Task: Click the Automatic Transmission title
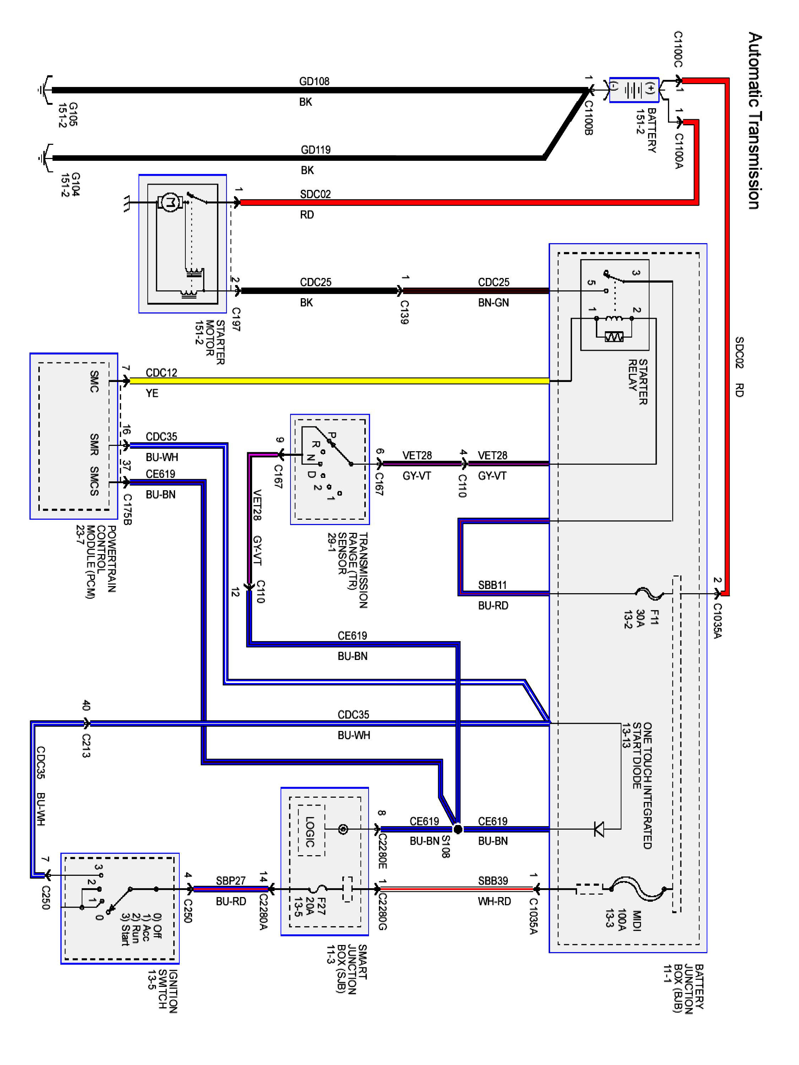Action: click(755, 120)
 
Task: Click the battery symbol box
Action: click(634, 89)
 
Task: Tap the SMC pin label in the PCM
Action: click(94, 381)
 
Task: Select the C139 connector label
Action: click(404, 312)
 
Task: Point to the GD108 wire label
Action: click(314, 81)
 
